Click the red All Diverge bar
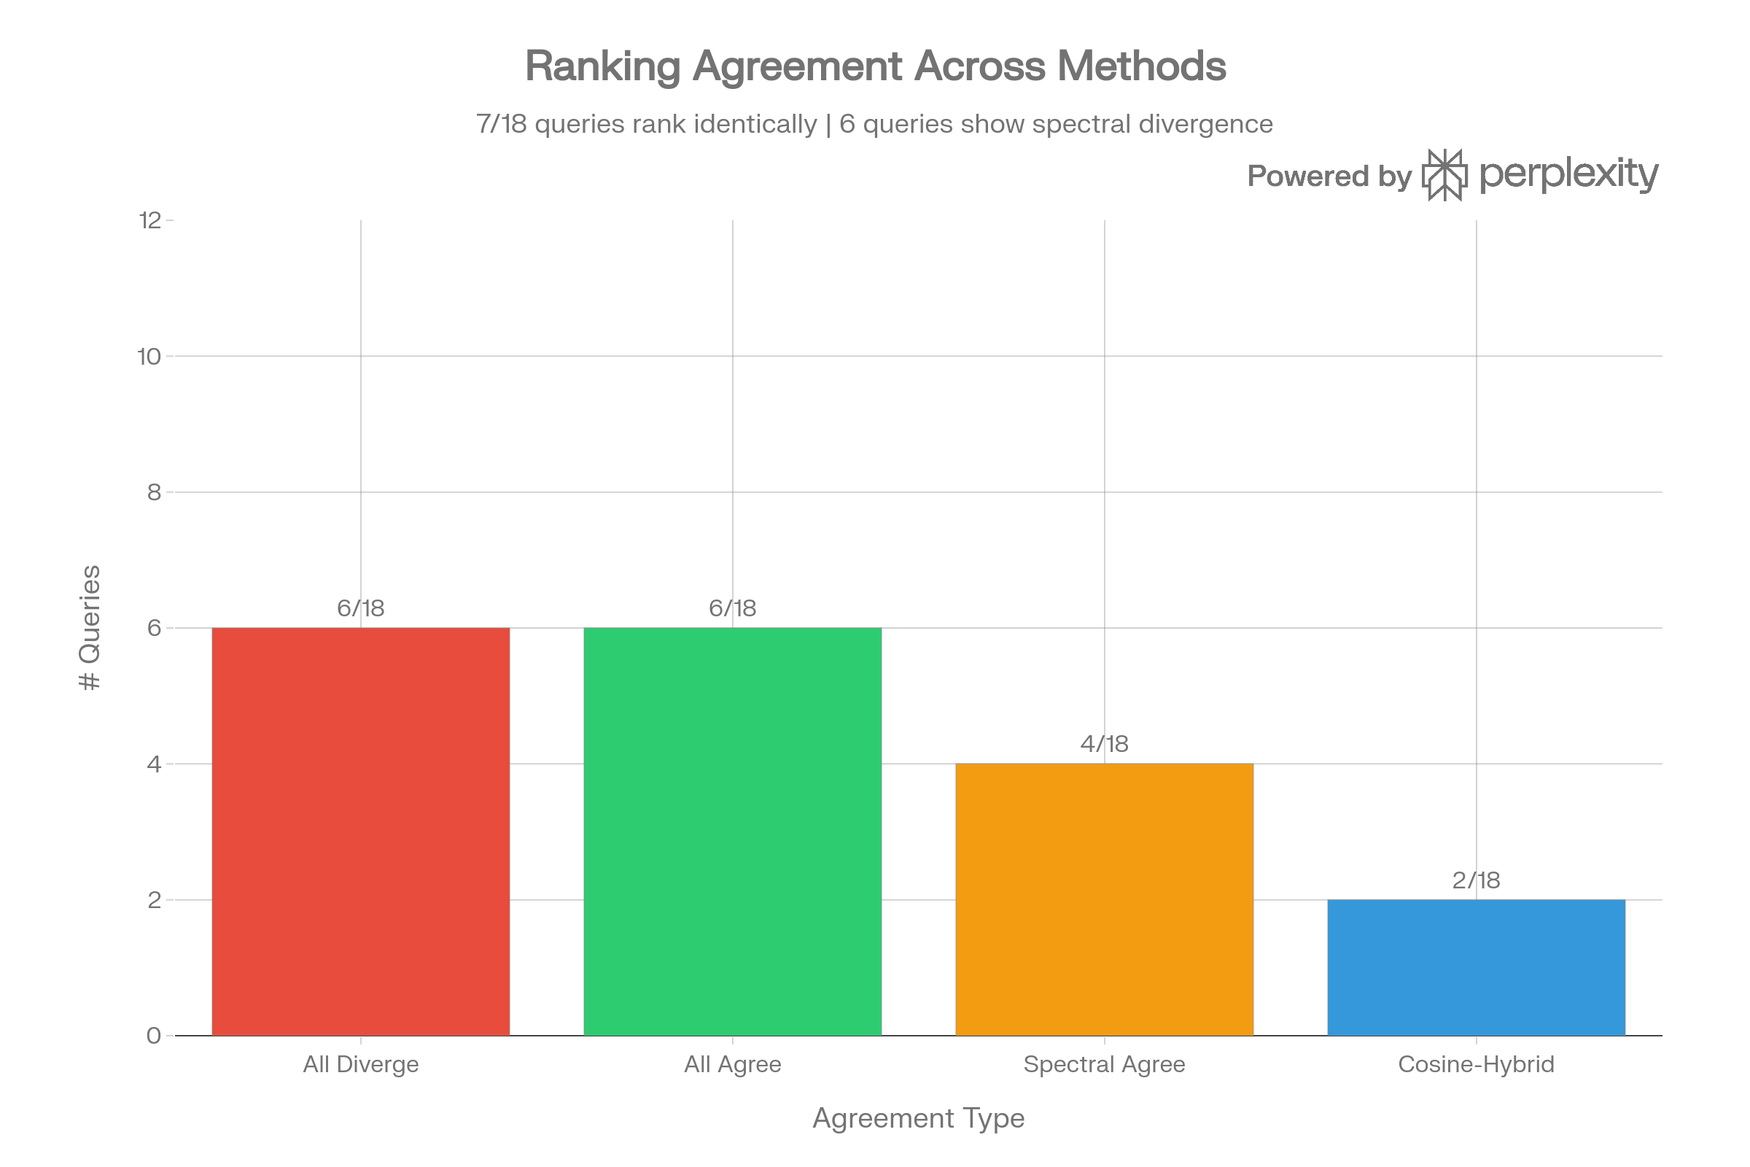pyautogui.click(x=361, y=831)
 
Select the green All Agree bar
pyautogui.click(x=732, y=831)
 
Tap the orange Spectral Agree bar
pyautogui.click(x=1104, y=899)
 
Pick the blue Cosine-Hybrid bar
pyautogui.click(x=1476, y=967)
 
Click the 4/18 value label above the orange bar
pyautogui.click(x=1104, y=744)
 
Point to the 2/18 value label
pyautogui.click(x=1476, y=880)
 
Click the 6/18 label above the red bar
pyautogui.click(x=361, y=608)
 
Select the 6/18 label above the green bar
pyautogui.click(x=732, y=608)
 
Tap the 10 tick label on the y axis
pyautogui.click(x=149, y=357)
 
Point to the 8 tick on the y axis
pyautogui.click(x=154, y=492)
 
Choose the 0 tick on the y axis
pyautogui.click(x=154, y=1035)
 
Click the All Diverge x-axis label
pyautogui.click(x=361, y=1064)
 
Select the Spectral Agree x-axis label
pyautogui.click(x=1104, y=1064)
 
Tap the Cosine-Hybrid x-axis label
pyautogui.click(x=1476, y=1064)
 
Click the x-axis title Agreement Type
pyautogui.click(x=918, y=1119)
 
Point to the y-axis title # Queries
pyautogui.click(x=90, y=627)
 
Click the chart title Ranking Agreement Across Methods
pyautogui.click(x=875, y=66)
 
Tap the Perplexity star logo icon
pyautogui.click(x=1445, y=175)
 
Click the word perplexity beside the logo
pyautogui.click(x=1569, y=175)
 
